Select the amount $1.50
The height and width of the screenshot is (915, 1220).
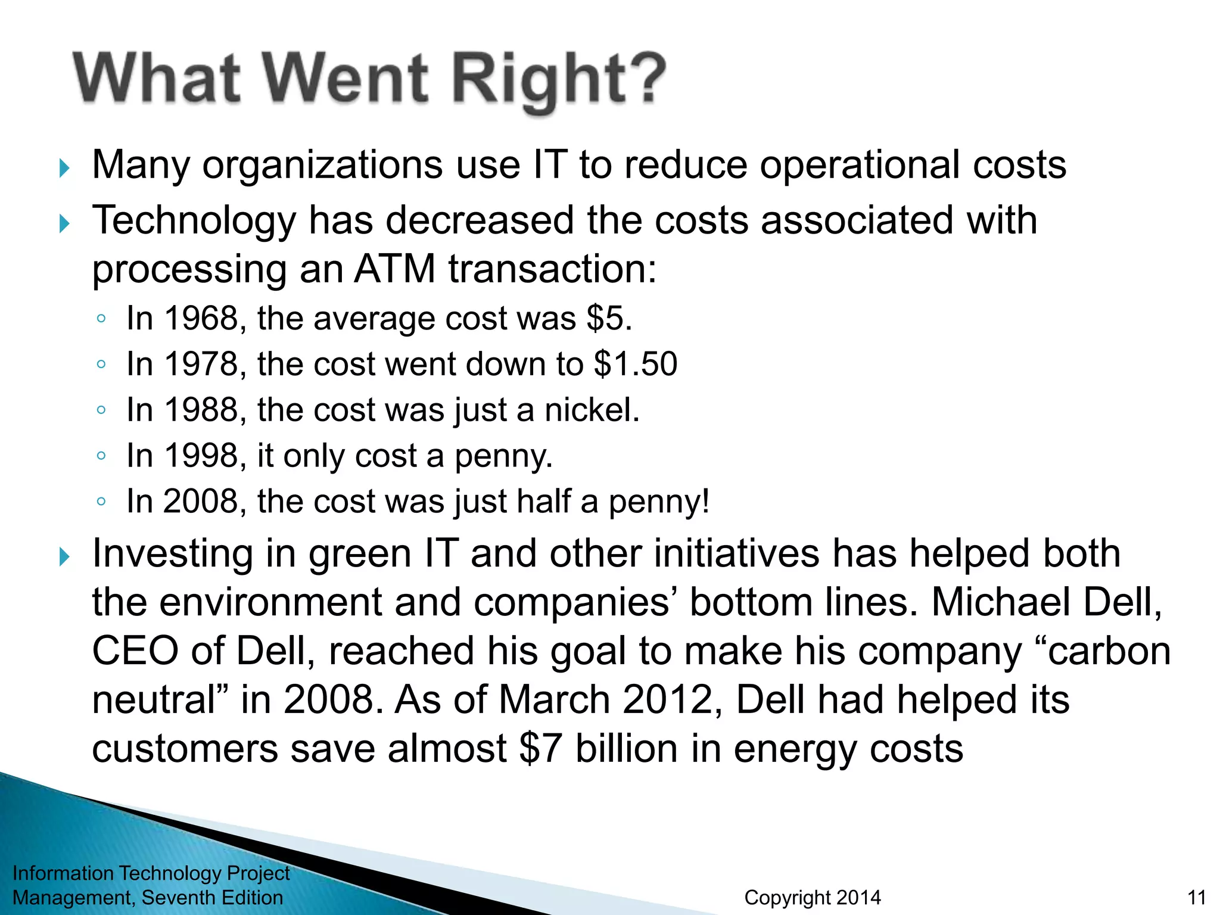[x=636, y=364]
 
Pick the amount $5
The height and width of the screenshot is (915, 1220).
[x=608, y=318]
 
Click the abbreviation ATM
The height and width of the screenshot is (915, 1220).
[x=394, y=269]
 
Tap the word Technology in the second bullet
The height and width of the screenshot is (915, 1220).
[x=194, y=221]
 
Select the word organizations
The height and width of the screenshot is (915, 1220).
[x=322, y=165]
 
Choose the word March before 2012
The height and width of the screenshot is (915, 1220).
[x=554, y=699]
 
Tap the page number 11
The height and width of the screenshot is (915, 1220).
[x=1196, y=898]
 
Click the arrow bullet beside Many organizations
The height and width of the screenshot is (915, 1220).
[x=65, y=169]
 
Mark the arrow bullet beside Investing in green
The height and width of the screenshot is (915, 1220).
[x=65, y=558]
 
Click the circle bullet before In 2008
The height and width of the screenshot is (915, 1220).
[x=101, y=502]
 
